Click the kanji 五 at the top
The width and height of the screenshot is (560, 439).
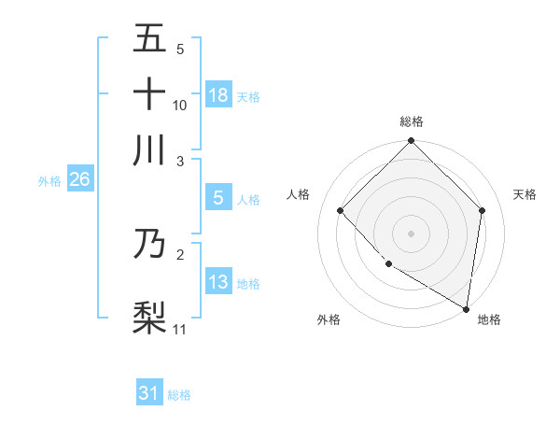point(149,40)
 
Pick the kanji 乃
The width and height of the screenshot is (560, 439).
point(149,244)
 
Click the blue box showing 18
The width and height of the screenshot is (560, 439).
point(217,95)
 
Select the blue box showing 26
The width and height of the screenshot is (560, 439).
point(79,180)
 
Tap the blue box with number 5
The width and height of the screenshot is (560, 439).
point(217,198)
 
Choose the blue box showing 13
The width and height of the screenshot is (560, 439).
point(217,283)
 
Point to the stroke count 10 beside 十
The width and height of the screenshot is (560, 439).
point(180,106)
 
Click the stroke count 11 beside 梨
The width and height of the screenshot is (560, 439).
point(180,329)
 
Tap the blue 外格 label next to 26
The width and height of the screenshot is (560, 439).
point(49,181)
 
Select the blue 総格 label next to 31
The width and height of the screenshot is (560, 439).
point(180,395)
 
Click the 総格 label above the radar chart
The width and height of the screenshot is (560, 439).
point(411,122)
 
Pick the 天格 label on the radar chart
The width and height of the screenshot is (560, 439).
point(525,194)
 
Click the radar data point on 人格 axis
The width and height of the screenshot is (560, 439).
point(341,210)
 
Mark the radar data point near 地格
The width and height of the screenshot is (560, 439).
point(466,308)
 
